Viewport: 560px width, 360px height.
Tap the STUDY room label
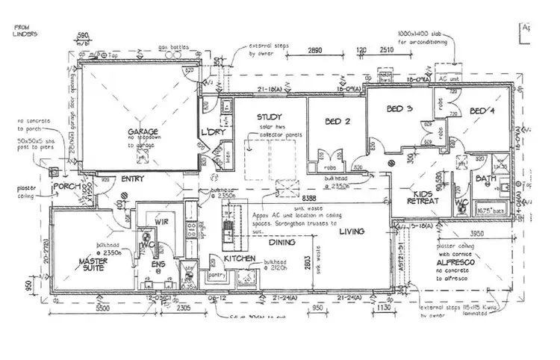(x=270, y=117)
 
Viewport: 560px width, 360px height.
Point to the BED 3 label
(x=399, y=108)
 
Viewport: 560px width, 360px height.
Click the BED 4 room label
(x=482, y=111)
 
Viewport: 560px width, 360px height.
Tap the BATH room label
(x=486, y=179)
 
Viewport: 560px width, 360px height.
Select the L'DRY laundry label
(x=214, y=133)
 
